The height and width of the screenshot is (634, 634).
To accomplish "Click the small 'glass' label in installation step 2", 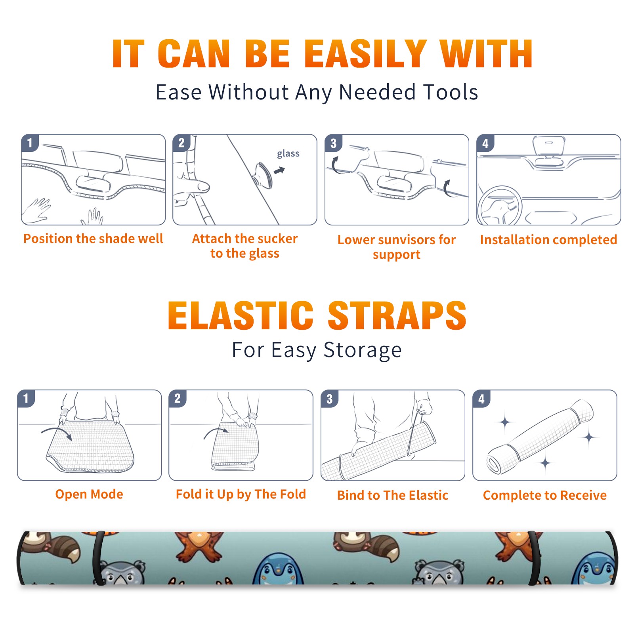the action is pos(288,153).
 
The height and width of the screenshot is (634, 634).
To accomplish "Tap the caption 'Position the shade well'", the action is pos(93,239).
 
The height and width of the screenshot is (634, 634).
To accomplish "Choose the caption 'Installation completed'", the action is pos(548,239).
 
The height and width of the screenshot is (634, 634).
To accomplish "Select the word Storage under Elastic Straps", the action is pos(363,350).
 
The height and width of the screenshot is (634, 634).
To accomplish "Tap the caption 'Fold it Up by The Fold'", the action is pos(241,494).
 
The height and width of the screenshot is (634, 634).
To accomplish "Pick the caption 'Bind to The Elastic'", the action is pos(393,495).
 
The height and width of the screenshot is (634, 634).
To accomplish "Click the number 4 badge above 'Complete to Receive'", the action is pos(481,399).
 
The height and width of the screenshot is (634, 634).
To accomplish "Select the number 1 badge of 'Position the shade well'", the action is pos(30,143).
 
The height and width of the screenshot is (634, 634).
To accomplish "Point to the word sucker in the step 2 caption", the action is pos(277,239).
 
